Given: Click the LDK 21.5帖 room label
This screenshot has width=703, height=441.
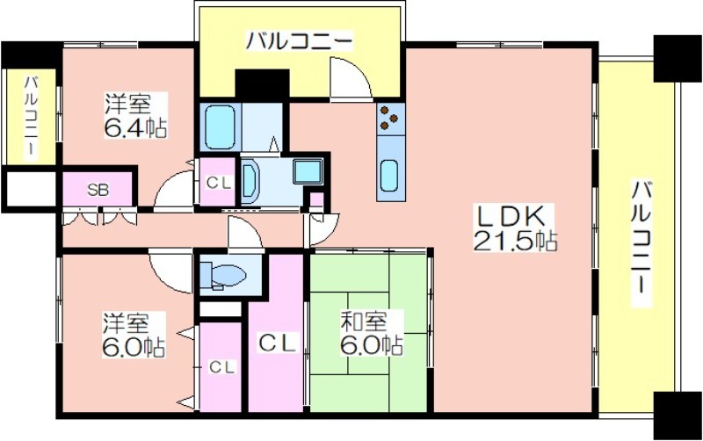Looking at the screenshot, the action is (515, 228).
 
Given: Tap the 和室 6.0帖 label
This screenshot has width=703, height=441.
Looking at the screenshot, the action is (371, 333).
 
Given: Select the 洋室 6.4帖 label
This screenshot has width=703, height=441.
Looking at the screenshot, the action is (135, 116).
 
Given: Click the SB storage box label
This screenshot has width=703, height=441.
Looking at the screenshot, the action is (98, 190).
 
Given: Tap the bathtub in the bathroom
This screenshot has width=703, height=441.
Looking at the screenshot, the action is (221, 127).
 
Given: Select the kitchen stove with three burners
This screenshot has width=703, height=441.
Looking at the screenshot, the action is (389, 119).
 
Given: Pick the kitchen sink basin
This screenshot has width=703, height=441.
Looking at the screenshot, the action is (389, 175).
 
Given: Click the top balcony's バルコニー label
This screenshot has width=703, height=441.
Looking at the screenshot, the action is (299, 41).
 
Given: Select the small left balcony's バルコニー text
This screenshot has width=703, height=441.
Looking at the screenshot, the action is (31, 116).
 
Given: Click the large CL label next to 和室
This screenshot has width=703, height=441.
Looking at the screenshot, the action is (277, 343).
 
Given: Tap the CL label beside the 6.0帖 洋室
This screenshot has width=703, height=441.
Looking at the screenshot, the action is (222, 367).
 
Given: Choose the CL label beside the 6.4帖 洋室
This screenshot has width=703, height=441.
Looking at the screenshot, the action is (218, 183).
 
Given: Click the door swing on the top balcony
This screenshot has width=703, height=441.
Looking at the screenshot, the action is (350, 77).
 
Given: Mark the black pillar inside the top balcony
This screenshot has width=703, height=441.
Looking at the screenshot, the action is (262, 83).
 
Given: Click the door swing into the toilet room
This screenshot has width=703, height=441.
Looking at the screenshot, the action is (245, 232).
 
